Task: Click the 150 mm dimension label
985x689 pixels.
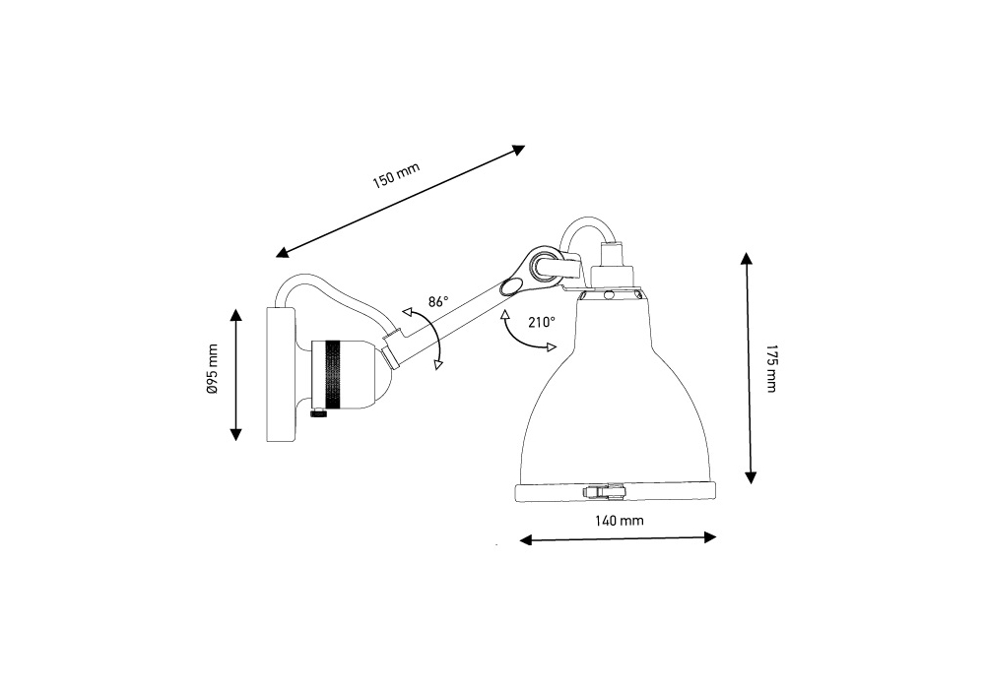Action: coord(395,177)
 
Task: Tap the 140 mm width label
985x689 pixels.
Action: coord(620,521)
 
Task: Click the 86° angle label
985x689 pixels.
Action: coord(437,301)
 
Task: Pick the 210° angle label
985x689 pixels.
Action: coord(541,322)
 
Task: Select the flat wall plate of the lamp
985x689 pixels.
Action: coord(281,374)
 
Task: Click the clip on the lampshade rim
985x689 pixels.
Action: coord(604,490)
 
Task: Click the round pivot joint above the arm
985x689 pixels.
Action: coord(541,264)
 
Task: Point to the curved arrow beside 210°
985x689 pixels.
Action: coord(517,338)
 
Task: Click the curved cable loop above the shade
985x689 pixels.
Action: coord(585,228)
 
